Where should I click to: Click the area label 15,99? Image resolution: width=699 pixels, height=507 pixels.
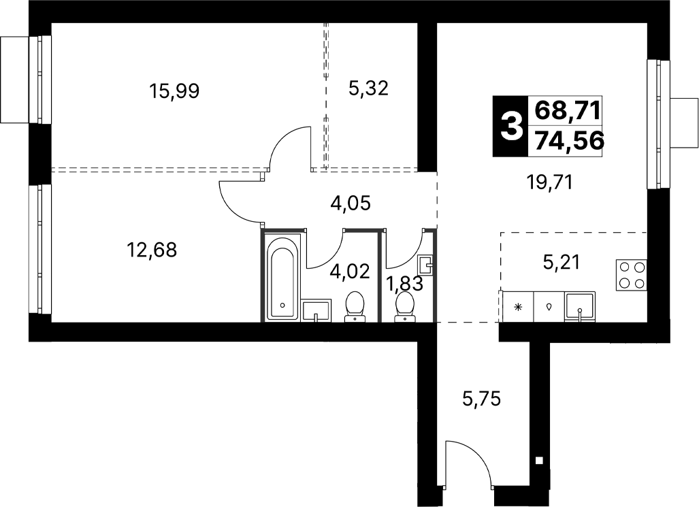point(174,91)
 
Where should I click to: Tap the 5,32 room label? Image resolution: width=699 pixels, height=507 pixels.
point(368,88)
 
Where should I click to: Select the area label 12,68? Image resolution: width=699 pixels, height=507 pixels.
point(152,250)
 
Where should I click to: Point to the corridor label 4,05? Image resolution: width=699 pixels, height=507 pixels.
point(351,203)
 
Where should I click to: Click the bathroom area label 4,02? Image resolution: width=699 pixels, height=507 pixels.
point(350,271)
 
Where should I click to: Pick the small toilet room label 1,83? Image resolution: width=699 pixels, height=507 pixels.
point(405,284)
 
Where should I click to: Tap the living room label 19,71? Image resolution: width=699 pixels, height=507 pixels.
point(549,182)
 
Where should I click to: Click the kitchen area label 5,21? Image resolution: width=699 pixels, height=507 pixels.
point(562,262)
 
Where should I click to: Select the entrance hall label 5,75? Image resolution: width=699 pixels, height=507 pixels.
point(482,398)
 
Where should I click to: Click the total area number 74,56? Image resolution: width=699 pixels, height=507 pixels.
point(570,141)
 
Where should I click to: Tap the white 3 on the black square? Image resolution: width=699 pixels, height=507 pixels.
point(511,126)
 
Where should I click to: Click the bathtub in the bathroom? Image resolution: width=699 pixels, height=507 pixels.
point(282,278)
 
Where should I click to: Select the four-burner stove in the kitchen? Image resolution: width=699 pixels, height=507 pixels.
point(631,275)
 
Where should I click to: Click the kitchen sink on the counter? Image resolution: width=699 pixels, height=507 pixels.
point(579,307)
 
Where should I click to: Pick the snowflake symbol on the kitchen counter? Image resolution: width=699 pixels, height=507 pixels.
point(518,307)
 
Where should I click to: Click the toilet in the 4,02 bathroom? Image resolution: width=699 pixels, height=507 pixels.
point(355,306)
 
